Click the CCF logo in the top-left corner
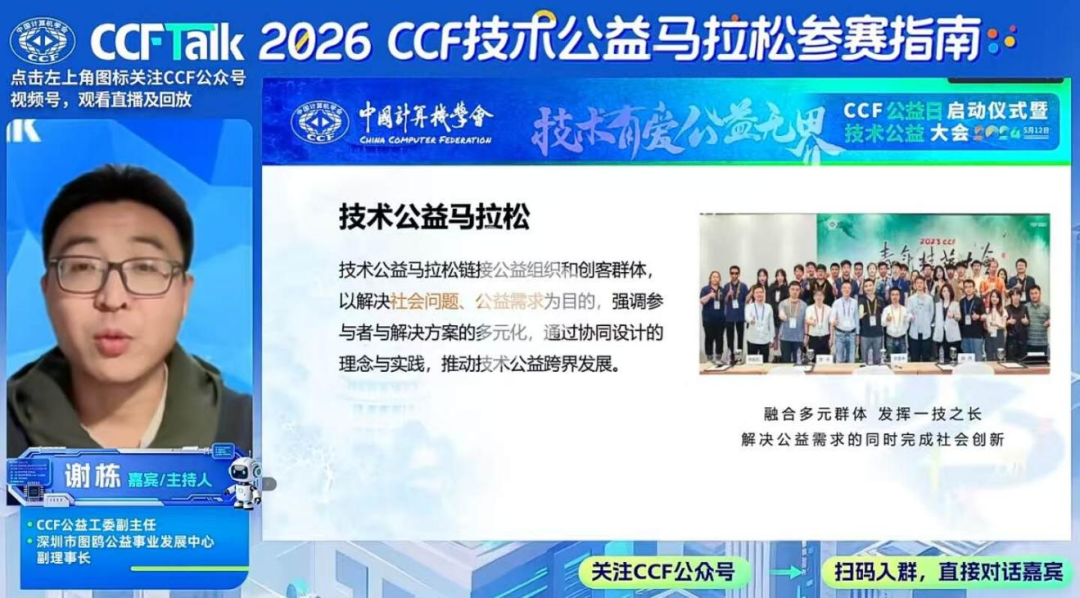click(x=42, y=39)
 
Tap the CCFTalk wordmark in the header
click(x=167, y=41)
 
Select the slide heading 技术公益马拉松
click(x=434, y=218)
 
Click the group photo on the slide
click(x=874, y=293)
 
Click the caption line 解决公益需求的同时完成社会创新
click(x=872, y=439)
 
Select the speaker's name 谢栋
click(x=92, y=476)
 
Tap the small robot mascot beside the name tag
click(x=244, y=483)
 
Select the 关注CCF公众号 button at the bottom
click(x=662, y=572)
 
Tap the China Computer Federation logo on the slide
click(x=319, y=122)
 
